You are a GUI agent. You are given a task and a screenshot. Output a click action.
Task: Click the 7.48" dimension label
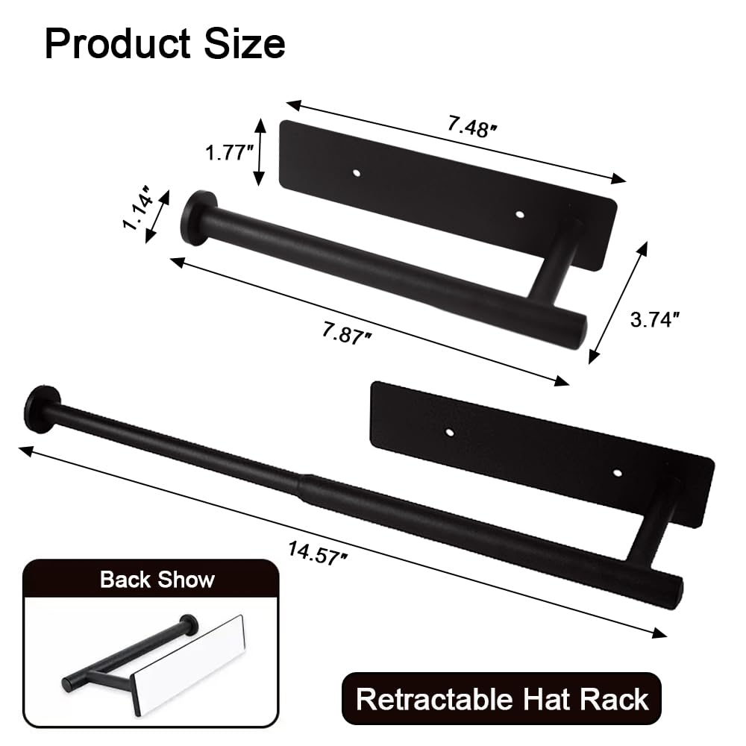[472, 126]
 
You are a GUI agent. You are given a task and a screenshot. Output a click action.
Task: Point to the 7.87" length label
[348, 333]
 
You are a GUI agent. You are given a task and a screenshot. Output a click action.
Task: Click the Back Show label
[157, 580]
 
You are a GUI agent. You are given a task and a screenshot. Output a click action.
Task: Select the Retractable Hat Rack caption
[502, 699]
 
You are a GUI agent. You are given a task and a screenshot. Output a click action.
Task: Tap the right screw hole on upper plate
[520, 214]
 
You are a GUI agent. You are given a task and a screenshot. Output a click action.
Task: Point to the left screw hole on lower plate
[450, 431]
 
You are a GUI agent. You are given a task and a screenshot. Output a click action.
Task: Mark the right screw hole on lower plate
[617, 472]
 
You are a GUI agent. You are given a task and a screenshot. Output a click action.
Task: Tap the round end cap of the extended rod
[37, 409]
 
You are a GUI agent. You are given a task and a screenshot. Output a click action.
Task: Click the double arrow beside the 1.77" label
[259, 151]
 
